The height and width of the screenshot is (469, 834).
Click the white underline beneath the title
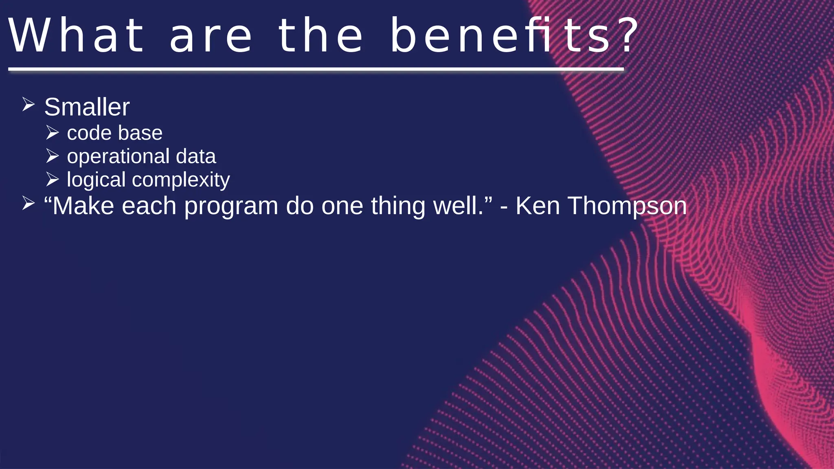pos(316,70)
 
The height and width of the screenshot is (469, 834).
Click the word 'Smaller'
pos(87,107)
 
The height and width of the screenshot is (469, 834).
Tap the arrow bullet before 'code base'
pos(53,132)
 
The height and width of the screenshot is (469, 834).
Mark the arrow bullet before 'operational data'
pos(53,156)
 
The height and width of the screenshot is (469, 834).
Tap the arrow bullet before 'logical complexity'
pos(53,179)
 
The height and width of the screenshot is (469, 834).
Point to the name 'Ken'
pos(538,206)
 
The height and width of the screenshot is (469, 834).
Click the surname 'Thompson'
pos(627,206)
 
